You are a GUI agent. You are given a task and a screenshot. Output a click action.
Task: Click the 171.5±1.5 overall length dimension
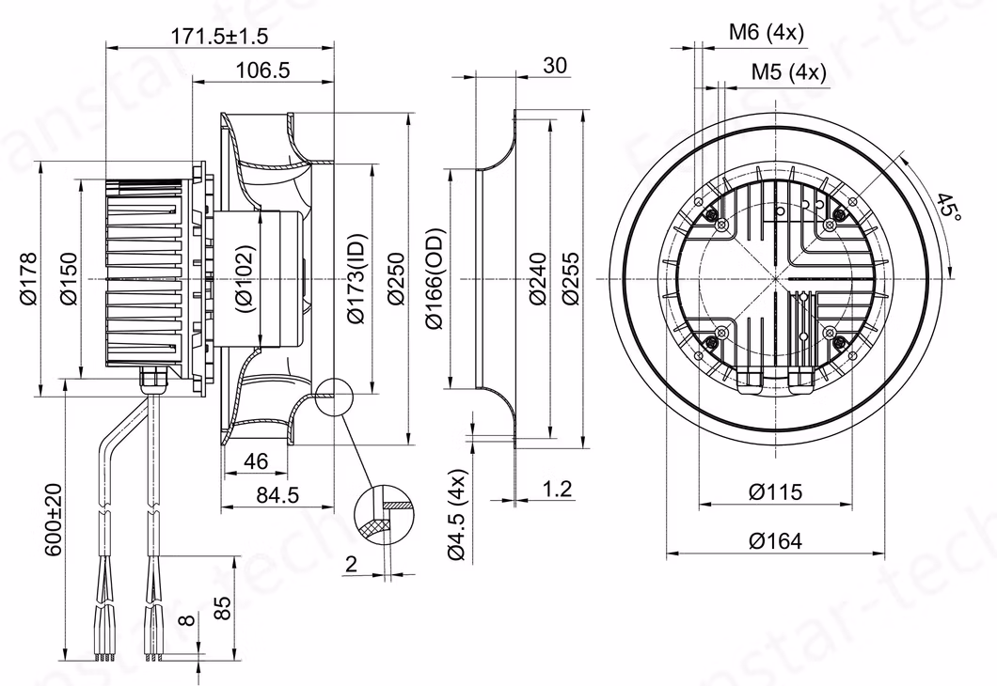[x=219, y=36]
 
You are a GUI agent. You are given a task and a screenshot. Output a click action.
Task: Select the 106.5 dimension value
[x=262, y=70]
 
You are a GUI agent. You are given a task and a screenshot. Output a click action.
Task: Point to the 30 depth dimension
[x=555, y=65]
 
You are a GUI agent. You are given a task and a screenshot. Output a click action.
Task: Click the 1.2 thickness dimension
[x=558, y=489]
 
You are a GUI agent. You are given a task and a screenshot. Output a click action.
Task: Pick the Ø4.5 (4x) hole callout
[x=457, y=514]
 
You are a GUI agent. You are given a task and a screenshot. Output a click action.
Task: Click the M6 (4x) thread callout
[x=767, y=33]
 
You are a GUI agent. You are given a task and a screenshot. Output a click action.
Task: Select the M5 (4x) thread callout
[x=788, y=71]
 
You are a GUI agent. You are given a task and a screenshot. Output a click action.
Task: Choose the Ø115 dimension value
[x=775, y=491]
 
